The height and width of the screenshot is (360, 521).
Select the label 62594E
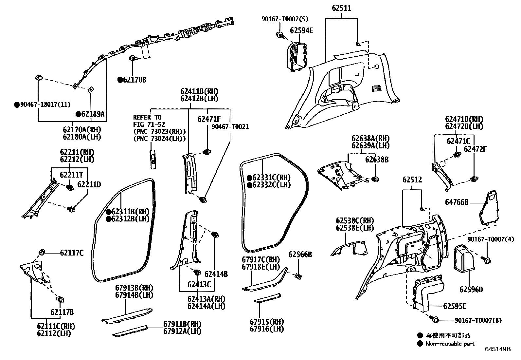coord(301,30)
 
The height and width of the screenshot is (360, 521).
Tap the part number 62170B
coord(135,80)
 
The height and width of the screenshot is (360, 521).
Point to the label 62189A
coord(93,114)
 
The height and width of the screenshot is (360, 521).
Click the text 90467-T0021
coord(230,127)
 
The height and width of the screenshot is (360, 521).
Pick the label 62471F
coord(209,119)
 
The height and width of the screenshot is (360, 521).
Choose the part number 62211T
coord(72,175)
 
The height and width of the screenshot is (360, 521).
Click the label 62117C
coord(72,253)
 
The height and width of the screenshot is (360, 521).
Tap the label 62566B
coord(300,255)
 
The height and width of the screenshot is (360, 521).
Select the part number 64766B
coord(457,202)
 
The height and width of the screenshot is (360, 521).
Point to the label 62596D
coord(471,290)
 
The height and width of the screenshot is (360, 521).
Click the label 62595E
coord(455,306)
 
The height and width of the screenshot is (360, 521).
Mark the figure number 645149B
coord(498,349)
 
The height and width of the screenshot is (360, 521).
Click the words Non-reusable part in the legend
coord(450,344)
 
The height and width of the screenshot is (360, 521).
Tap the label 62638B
coord(377,160)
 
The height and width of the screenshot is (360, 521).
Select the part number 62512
coord(412,180)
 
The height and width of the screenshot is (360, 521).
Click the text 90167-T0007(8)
coord(478,320)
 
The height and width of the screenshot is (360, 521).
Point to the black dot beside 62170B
coord(120,80)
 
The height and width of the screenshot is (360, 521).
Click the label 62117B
coord(62,312)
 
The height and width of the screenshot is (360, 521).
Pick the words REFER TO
coord(147,117)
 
